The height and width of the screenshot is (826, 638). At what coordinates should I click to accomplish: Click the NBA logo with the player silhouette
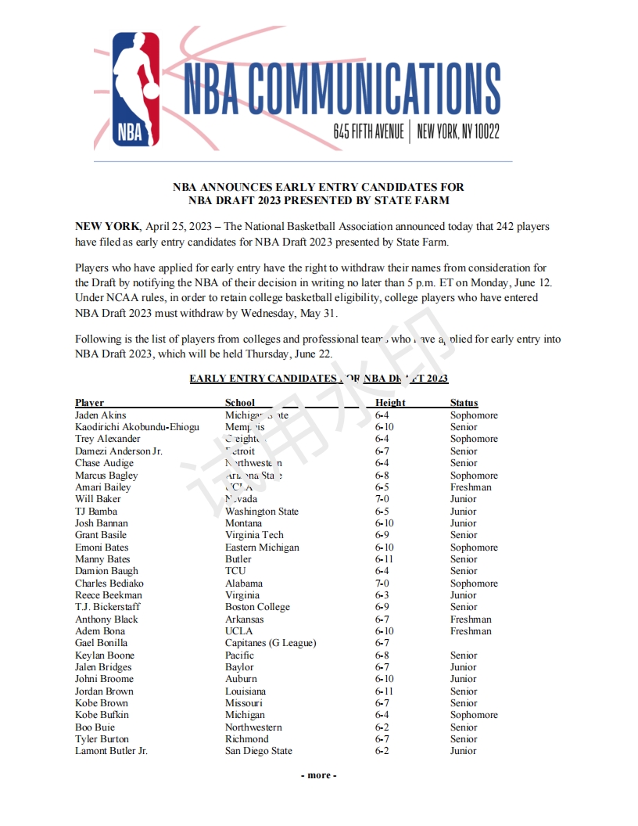click(x=136, y=89)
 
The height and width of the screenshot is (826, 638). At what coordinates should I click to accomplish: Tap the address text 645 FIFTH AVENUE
click(x=368, y=131)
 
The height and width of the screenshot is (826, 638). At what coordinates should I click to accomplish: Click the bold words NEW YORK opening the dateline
click(x=107, y=227)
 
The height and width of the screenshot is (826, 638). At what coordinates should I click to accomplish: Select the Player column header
click(x=89, y=403)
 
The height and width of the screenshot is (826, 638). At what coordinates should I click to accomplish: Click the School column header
click(x=240, y=403)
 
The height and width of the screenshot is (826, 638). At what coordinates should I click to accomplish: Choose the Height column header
click(x=390, y=403)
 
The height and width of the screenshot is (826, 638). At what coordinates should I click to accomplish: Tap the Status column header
click(x=464, y=403)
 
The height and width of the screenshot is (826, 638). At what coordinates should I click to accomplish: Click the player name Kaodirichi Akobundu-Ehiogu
click(x=137, y=427)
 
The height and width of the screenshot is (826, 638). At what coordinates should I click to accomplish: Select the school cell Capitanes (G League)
click(x=271, y=643)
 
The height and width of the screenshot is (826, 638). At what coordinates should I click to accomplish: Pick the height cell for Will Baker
click(x=382, y=499)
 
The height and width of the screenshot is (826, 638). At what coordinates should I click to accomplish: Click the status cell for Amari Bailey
click(x=471, y=487)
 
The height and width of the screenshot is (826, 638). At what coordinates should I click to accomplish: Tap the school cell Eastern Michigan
click(x=262, y=548)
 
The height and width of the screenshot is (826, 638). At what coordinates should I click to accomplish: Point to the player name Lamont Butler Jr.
click(x=111, y=751)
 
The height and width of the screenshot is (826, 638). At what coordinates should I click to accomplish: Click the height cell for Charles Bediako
click(x=382, y=584)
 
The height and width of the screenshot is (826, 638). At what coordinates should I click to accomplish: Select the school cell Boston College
click(x=257, y=607)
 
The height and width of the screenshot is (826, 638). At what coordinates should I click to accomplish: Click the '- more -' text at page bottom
click(x=319, y=775)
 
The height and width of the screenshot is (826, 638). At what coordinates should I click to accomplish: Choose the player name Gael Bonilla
click(x=101, y=643)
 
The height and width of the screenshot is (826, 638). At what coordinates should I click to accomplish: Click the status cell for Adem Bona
click(x=471, y=631)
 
